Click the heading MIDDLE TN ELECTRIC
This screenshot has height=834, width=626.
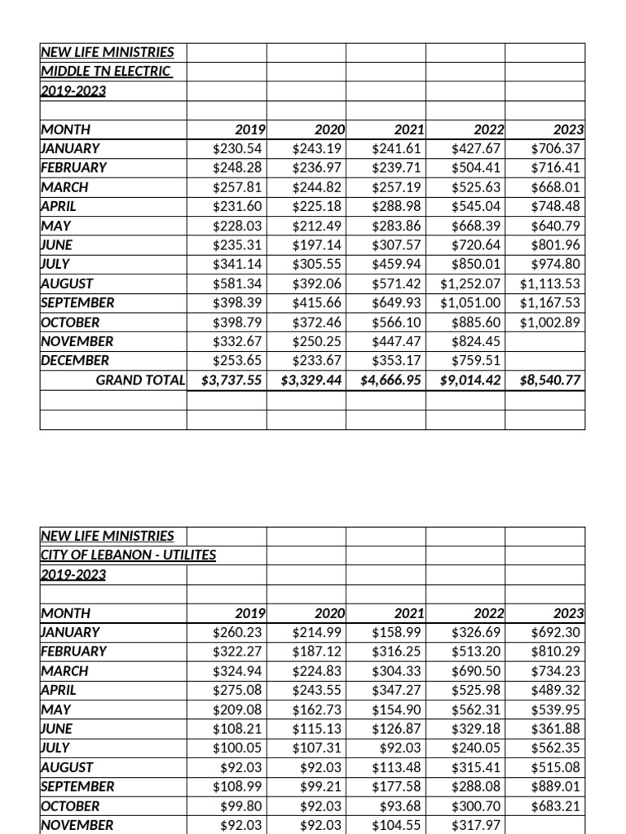[106, 71]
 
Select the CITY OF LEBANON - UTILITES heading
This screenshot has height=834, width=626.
[128, 555]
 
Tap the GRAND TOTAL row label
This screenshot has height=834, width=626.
[140, 380]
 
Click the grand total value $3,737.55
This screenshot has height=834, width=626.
[233, 380]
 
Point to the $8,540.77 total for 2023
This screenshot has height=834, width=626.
[551, 380]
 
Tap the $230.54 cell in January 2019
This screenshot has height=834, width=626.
[237, 148]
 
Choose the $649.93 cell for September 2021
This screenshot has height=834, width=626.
[397, 303]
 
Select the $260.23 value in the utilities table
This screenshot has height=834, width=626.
[237, 632]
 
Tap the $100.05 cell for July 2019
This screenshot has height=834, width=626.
[237, 748]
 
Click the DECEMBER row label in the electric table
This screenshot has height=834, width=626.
[75, 361]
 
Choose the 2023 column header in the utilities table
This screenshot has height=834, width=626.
[568, 613]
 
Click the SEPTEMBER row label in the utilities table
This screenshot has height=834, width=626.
[77, 787]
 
